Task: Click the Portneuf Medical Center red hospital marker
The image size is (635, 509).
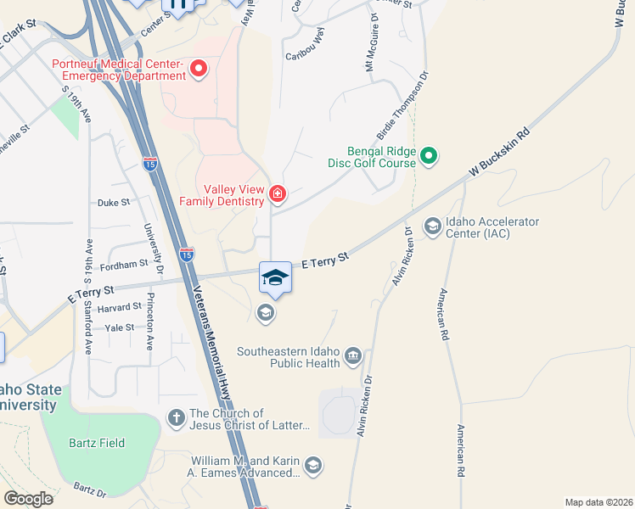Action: pos(199,68)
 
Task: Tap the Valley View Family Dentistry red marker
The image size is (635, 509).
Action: pos(277,195)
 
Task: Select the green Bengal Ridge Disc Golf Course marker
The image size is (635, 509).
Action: pos(429,155)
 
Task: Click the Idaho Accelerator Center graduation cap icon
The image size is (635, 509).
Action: pos(432,226)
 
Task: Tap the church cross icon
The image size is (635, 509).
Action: pos(176,417)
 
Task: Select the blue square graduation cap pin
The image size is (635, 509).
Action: pos(275,277)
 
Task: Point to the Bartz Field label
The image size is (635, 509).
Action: pos(98,443)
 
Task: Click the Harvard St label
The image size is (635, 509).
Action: pos(120,307)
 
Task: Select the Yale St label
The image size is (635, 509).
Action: pos(119,327)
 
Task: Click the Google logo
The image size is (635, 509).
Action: pos(28,498)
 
